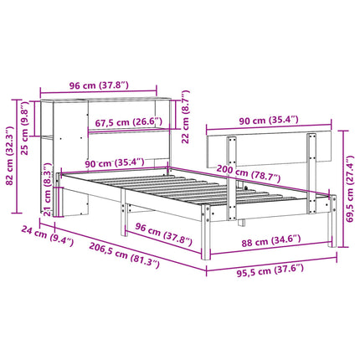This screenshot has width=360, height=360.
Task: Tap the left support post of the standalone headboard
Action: (x=230, y=155)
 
